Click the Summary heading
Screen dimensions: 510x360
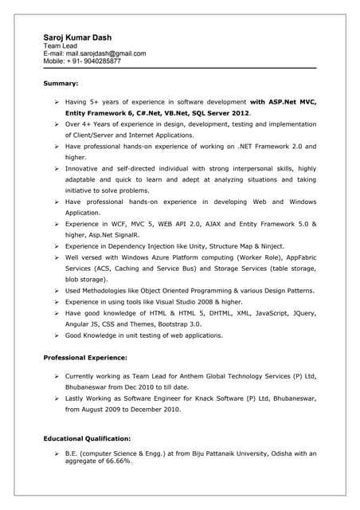click(x=61, y=83)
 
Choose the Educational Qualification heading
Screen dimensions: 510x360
click(x=88, y=438)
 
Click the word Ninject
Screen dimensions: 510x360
click(x=268, y=247)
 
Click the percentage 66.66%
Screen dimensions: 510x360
click(x=115, y=461)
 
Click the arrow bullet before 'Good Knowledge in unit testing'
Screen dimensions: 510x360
click(x=57, y=336)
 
